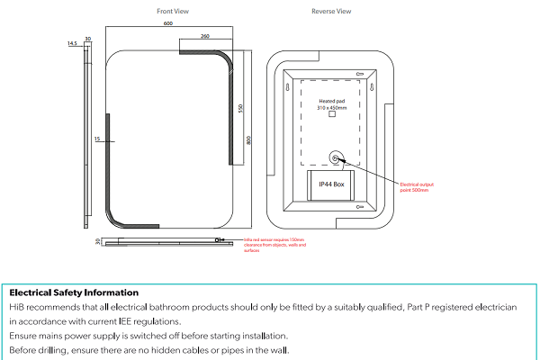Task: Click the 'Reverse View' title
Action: click(331, 12)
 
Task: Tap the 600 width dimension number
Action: click(168, 24)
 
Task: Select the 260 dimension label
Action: click(204, 37)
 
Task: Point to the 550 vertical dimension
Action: click(241, 108)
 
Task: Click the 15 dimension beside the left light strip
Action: click(97, 139)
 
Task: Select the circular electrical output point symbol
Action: click(335, 158)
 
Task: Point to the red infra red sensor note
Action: click(274, 245)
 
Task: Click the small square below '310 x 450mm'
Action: click(331, 115)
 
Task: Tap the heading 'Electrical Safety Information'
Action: click(74, 292)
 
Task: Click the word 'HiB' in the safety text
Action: click(16, 307)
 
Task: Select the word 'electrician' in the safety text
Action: click(494, 307)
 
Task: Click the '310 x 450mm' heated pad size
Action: click(331, 107)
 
